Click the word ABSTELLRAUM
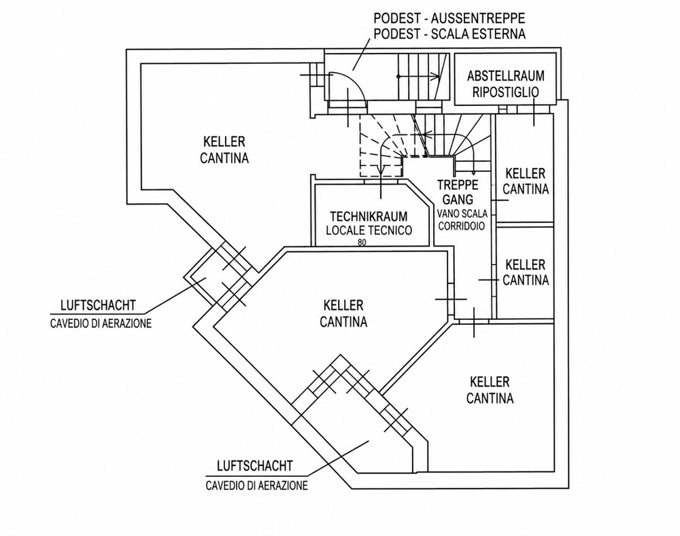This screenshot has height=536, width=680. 506,76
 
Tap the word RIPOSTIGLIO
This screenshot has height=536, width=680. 506,92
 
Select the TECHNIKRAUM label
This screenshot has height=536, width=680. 369,216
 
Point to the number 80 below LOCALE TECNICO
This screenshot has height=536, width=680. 362,243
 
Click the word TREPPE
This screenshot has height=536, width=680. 458,185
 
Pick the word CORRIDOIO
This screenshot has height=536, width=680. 462,226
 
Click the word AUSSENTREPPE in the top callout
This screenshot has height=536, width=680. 479,18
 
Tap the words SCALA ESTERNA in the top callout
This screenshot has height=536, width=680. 478,33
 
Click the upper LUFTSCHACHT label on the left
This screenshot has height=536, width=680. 98,305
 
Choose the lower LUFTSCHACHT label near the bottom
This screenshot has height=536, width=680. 255,466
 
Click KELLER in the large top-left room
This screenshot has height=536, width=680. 224,142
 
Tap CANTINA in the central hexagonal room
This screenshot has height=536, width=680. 343,321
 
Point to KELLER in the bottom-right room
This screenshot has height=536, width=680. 490,382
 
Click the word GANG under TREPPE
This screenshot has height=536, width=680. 458,200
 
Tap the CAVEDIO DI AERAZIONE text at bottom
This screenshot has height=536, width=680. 257,485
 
